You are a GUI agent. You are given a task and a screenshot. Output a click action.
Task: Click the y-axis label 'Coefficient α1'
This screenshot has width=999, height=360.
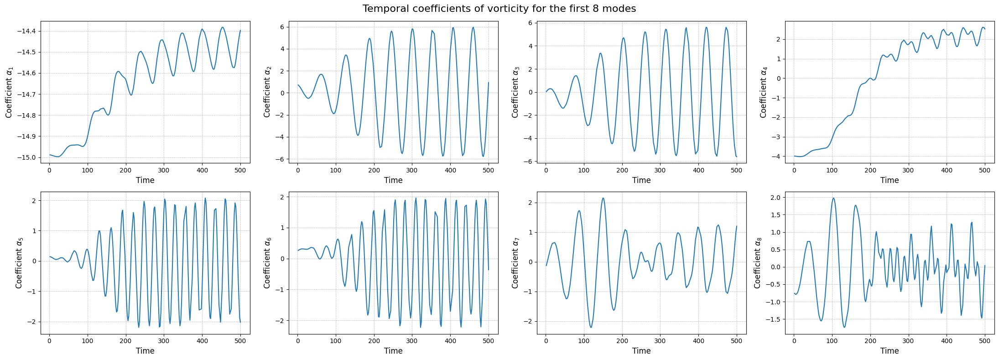click(x=9, y=92)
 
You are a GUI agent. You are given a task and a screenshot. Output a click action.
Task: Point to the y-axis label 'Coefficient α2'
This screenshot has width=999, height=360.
click(x=267, y=92)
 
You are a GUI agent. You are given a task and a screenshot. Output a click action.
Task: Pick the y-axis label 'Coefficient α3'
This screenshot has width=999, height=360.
click(x=515, y=92)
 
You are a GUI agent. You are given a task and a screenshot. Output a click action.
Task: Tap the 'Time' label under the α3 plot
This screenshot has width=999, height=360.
click(x=641, y=180)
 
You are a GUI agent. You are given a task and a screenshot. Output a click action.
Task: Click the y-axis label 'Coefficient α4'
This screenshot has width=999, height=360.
click(x=764, y=92)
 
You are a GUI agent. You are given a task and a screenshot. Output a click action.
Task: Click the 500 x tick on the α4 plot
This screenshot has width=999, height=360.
click(x=984, y=170)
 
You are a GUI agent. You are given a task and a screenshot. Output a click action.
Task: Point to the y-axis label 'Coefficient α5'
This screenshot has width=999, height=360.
click(x=19, y=263)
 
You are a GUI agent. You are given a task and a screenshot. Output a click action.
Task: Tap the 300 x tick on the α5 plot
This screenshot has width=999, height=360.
click(x=164, y=341)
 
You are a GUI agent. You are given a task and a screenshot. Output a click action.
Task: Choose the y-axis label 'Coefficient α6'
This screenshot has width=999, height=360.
click(x=267, y=263)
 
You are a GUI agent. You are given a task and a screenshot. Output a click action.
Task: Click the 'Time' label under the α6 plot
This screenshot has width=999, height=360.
click(x=393, y=351)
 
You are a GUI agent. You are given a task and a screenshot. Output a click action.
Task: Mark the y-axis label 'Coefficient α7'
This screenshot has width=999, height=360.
click(x=515, y=263)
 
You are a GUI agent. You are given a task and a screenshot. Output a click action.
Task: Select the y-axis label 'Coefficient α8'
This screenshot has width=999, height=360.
click(x=758, y=263)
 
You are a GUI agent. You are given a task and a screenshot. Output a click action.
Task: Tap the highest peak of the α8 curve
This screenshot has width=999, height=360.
click(x=833, y=198)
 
